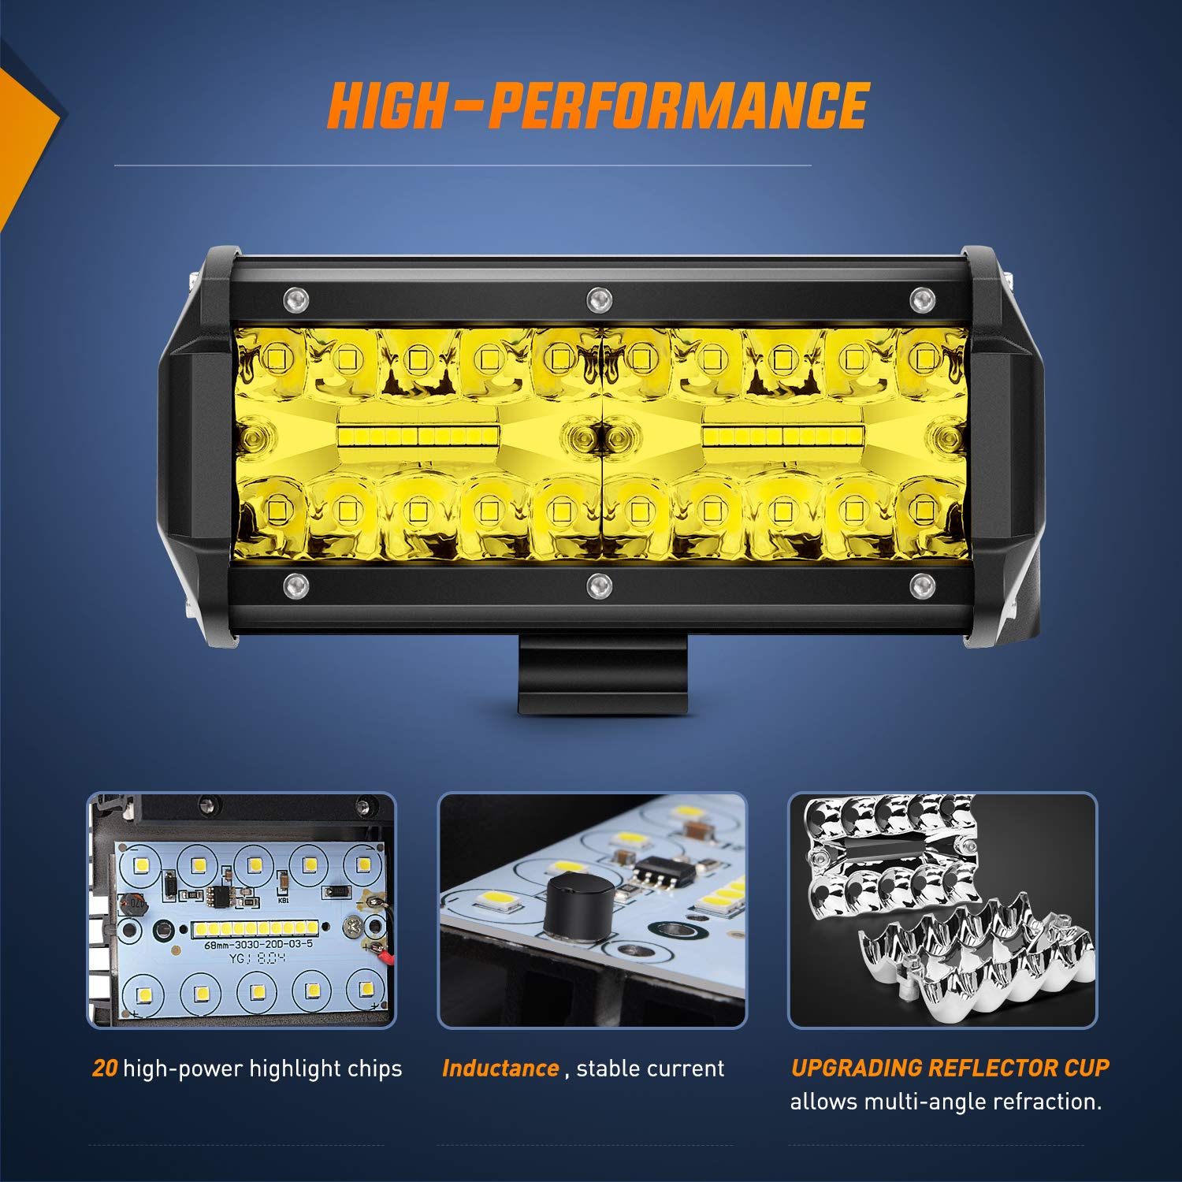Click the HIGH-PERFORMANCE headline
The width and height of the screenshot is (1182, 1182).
coord(598,106)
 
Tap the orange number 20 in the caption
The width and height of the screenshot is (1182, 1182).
coord(105,1069)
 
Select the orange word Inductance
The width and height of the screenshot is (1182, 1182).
coord(500,1069)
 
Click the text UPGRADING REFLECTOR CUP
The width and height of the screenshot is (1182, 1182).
coord(950,1068)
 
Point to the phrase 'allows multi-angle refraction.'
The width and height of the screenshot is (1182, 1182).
coord(946,1102)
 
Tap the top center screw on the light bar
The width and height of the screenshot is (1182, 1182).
coord(599,299)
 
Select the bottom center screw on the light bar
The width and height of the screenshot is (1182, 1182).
coord(599,585)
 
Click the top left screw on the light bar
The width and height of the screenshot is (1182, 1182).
coord(296,299)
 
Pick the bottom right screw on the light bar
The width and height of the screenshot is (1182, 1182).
coord(921,585)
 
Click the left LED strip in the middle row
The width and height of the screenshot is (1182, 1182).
coord(418,436)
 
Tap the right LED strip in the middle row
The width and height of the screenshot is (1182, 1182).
coord(782,436)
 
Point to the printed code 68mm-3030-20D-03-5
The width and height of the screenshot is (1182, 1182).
coord(258,943)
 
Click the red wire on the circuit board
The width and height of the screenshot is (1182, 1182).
coord(386,956)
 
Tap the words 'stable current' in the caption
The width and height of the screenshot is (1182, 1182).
coord(649,1069)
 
